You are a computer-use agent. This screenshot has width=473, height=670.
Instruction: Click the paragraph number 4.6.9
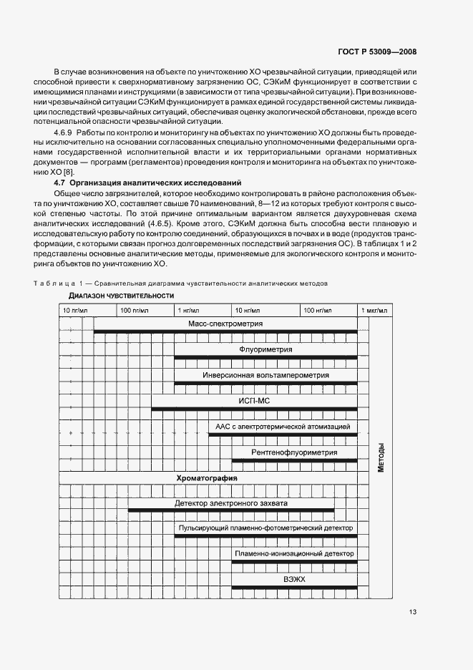pyautogui.click(x=64, y=133)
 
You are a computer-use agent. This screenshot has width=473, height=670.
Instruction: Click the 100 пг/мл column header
pyautogui.click(x=134, y=310)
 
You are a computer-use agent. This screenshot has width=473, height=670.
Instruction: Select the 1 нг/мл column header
pyautogui.click(x=188, y=310)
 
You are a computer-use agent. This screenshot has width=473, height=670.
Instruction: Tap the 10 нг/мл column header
pyautogui.click(x=248, y=310)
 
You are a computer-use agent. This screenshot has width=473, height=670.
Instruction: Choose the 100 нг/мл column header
pyautogui.click(x=317, y=310)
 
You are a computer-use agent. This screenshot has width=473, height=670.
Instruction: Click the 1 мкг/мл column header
pyautogui.click(x=374, y=310)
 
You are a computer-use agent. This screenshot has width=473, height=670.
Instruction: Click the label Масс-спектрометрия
pyautogui.click(x=225, y=324)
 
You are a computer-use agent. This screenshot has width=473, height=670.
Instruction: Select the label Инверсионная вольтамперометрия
pyautogui.click(x=265, y=375)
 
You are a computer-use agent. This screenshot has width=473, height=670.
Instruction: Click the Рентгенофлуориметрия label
pyautogui.click(x=294, y=452)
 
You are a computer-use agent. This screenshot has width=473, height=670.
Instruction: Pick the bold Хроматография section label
pyautogui.click(x=208, y=477)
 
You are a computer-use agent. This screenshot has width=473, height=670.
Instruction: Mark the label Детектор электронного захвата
pyautogui.click(x=231, y=502)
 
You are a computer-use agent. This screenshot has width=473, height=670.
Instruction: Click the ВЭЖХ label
pyautogui.click(x=294, y=579)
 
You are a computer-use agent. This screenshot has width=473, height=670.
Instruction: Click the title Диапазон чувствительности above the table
pyautogui.click(x=122, y=296)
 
